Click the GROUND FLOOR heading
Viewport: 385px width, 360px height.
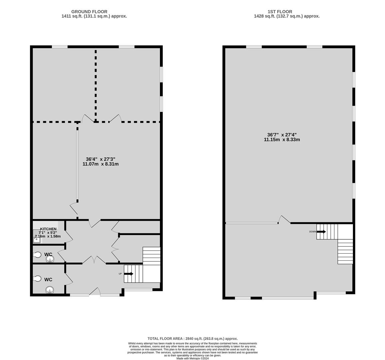coord(89,12)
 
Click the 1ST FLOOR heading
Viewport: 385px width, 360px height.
coord(280,12)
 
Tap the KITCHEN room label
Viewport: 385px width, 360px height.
coord(48,229)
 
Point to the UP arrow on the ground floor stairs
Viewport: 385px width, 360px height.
coord(129,274)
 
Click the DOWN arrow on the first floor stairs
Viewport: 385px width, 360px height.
coord(321,232)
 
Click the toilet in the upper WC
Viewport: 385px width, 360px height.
coord(37,255)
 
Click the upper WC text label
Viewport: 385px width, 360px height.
coord(48,254)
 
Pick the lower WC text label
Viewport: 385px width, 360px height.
coord(48,279)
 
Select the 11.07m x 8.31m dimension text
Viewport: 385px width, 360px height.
coord(100,164)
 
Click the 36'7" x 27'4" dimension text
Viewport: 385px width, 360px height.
coord(282,135)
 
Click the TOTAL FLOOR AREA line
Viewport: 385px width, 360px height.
coord(193,338)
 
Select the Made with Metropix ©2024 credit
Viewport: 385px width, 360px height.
coord(193,358)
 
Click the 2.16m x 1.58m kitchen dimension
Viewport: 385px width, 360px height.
coord(48,236)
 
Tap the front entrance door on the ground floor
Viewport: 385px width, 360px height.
coord(95,291)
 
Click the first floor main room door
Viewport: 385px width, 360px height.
coord(284,220)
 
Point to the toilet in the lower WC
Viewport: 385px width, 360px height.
coord(37,279)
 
